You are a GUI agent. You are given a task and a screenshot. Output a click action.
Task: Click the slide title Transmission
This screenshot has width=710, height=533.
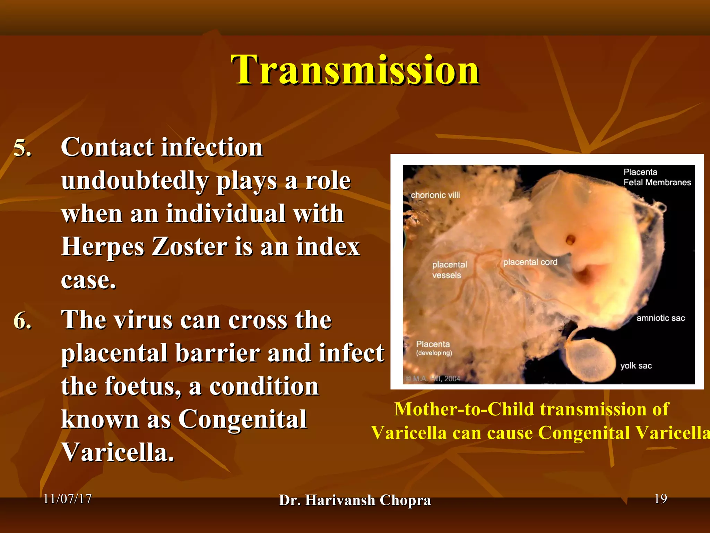355,70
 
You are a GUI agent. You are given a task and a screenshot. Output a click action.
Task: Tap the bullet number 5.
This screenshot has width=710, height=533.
22,149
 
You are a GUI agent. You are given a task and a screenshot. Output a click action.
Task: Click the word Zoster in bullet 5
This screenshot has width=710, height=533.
189,247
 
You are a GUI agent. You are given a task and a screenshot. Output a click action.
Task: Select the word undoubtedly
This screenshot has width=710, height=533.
135,181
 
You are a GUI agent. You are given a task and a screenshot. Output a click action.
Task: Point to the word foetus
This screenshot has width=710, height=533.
143,387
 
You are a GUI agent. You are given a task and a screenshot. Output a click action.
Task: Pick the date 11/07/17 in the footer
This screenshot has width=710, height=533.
67,499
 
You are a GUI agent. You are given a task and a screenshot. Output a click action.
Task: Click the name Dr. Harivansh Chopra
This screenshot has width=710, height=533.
355,500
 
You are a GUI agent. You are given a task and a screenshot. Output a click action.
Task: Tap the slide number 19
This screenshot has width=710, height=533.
660,499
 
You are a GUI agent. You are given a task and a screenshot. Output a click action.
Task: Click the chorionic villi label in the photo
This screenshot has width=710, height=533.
435,195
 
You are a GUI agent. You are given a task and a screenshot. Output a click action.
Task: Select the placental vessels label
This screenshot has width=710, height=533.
449,270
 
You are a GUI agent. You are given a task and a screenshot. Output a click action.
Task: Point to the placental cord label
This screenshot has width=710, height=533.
530,262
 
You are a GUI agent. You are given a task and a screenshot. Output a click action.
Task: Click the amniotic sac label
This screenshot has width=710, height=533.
660,318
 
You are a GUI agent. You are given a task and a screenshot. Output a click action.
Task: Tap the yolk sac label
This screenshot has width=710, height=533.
636,366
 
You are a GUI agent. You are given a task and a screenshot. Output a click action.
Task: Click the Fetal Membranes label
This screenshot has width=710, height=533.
657,183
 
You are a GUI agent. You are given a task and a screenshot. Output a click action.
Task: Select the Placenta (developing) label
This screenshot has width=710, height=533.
434,348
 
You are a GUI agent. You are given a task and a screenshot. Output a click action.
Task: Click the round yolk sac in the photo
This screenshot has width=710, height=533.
589,361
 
